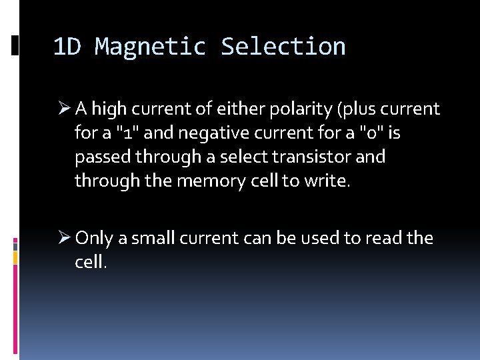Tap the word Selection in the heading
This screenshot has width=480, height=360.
click(283, 47)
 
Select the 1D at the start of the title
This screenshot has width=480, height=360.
click(67, 47)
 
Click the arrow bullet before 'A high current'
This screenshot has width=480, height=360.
click(63, 109)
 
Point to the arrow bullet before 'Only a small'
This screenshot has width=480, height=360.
click(63, 238)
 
